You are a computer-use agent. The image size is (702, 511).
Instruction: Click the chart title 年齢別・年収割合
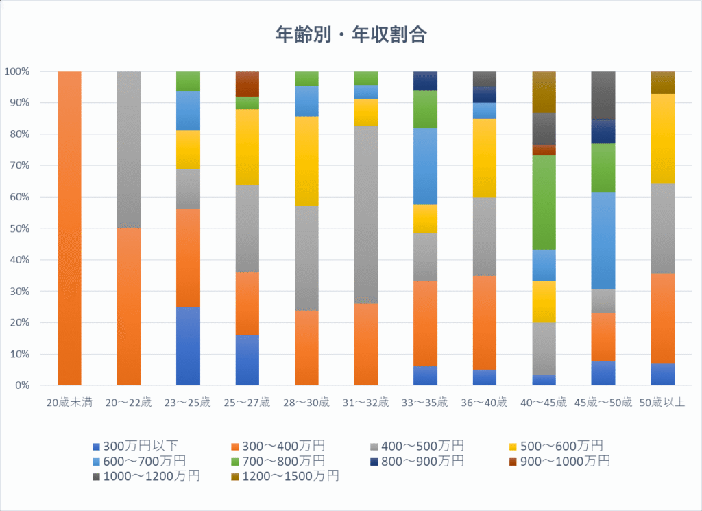[x=351, y=35]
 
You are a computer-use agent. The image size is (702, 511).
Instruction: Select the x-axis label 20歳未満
[x=69, y=402]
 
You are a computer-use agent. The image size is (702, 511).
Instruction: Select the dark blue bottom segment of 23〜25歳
[x=188, y=346]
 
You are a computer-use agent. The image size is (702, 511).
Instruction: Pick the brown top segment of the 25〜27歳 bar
[x=247, y=84]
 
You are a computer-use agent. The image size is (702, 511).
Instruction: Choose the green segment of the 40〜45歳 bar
[x=544, y=202]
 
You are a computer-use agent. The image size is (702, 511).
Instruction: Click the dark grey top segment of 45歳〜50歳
[x=603, y=95]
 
